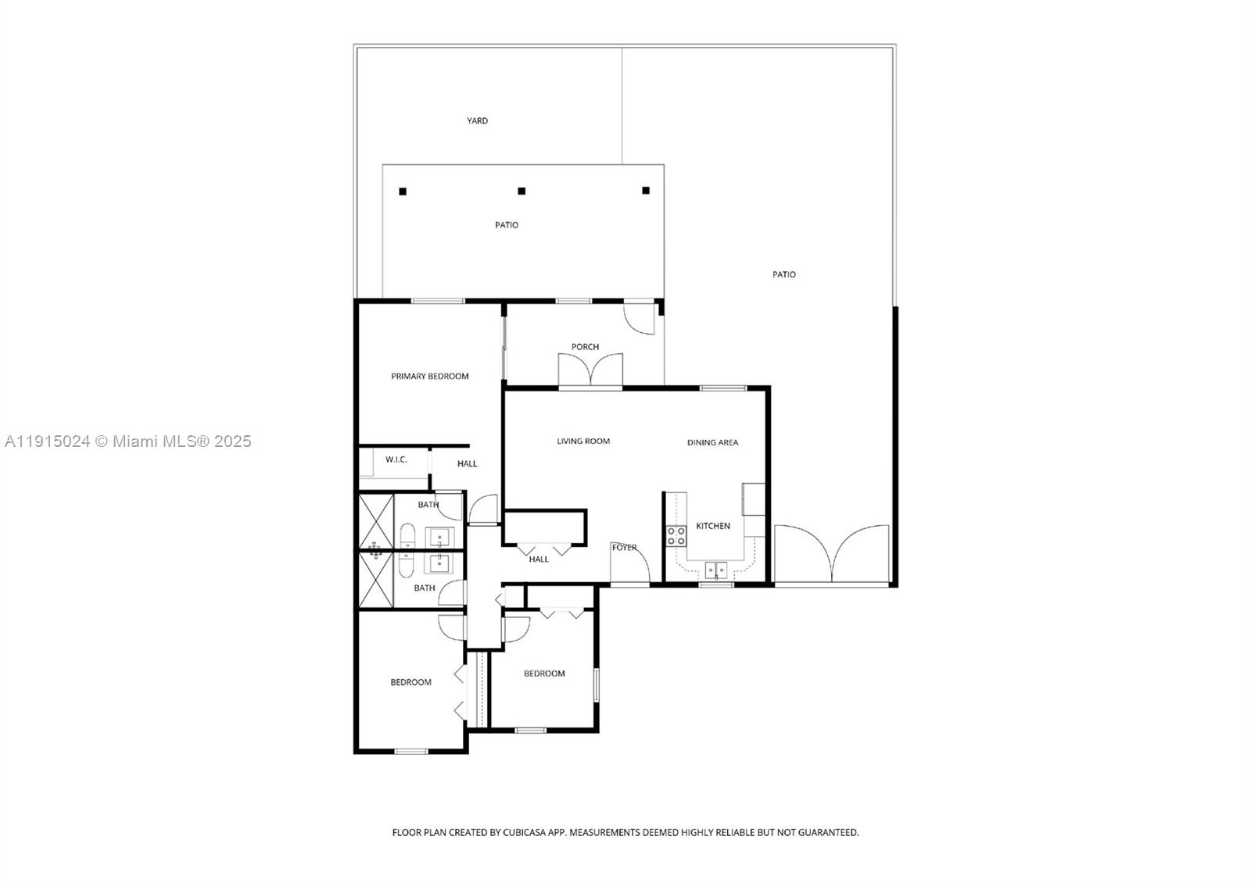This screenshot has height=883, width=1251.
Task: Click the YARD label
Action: (477, 121)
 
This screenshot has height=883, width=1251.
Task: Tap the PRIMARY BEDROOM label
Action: (429, 377)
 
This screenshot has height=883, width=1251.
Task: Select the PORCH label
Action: (585, 347)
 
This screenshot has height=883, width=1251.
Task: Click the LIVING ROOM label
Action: (583, 441)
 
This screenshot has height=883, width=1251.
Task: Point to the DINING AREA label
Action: (712, 443)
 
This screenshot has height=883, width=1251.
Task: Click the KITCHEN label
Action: (713, 527)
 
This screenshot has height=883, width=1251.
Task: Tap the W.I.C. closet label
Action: (396, 459)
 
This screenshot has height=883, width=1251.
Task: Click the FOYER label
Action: (624, 548)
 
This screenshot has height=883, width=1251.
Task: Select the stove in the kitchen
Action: (676, 536)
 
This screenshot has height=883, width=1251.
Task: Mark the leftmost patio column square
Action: (403, 191)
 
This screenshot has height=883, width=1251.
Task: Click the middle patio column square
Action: (522, 191)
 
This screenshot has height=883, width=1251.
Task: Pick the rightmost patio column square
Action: (646, 190)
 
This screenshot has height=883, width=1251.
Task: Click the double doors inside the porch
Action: (590, 371)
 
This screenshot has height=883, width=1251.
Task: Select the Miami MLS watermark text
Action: (128, 441)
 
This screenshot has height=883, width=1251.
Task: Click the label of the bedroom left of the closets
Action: (410, 683)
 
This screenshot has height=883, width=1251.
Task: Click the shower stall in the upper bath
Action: (375, 522)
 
